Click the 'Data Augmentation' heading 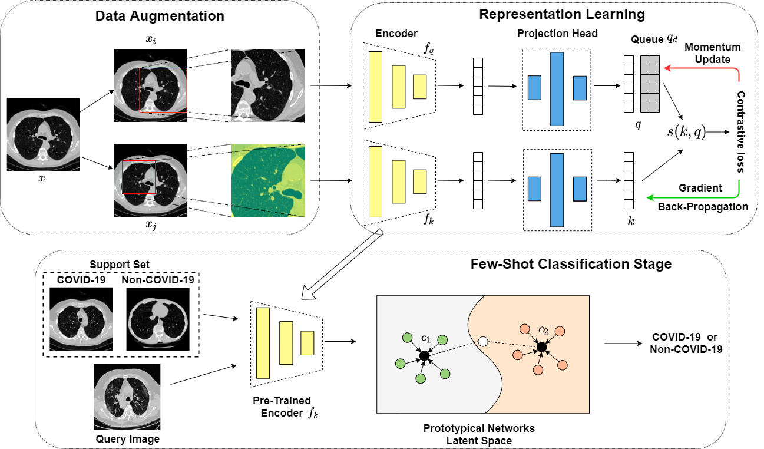pos(160,16)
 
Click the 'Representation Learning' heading pos(563,14)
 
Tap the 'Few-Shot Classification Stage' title pos(571,263)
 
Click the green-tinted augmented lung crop pos(269,180)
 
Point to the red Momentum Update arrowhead pos(667,68)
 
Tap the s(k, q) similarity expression pos(686,132)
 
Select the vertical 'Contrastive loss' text pos(741,131)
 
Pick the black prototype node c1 pos(423,355)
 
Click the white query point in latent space pos(483,341)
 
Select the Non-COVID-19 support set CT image pos(157,319)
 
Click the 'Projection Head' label pos(557,34)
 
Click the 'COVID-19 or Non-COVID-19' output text pos(686,343)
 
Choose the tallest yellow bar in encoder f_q pos(375,87)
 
